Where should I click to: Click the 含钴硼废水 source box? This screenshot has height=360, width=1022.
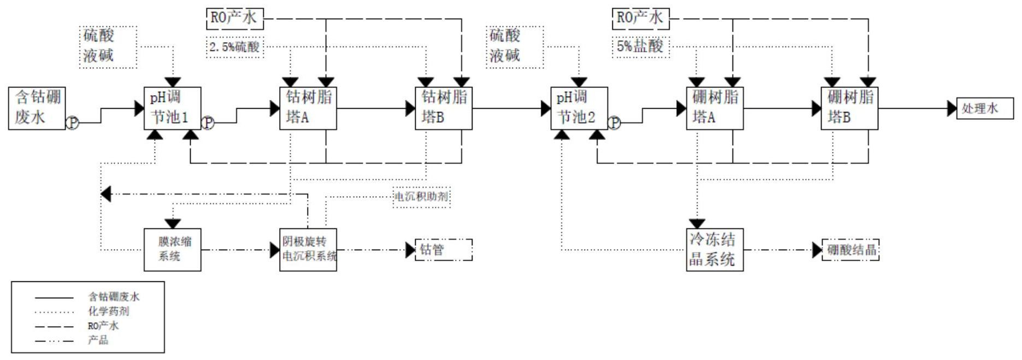click(37, 108)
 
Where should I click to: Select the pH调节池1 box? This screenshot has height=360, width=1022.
click(172, 108)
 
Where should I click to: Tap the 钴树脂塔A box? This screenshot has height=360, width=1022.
click(308, 108)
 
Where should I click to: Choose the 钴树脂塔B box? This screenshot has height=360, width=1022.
click(444, 108)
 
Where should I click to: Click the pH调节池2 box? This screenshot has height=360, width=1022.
click(579, 108)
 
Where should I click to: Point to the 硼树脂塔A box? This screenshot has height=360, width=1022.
click(714, 108)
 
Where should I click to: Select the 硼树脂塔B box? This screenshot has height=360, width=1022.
click(849, 108)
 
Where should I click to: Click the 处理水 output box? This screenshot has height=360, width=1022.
click(985, 108)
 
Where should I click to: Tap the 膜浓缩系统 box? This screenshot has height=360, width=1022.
click(172, 250)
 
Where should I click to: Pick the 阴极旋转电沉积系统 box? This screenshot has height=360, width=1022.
click(308, 250)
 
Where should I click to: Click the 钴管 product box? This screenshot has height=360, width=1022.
click(444, 250)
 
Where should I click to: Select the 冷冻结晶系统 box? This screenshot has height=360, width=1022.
click(714, 250)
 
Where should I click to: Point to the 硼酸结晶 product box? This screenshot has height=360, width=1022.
click(850, 250)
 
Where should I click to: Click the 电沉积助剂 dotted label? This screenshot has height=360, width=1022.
click(422, 197)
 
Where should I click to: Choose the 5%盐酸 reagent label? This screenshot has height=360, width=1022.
click(640, 47)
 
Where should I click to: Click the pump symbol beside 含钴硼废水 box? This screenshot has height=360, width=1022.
click(72, 123)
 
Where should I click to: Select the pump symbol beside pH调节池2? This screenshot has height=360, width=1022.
click(615, 123)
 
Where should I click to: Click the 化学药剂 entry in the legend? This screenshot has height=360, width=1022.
click(109, 311)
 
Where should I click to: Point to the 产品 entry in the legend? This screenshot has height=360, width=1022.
click(98, 340)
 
